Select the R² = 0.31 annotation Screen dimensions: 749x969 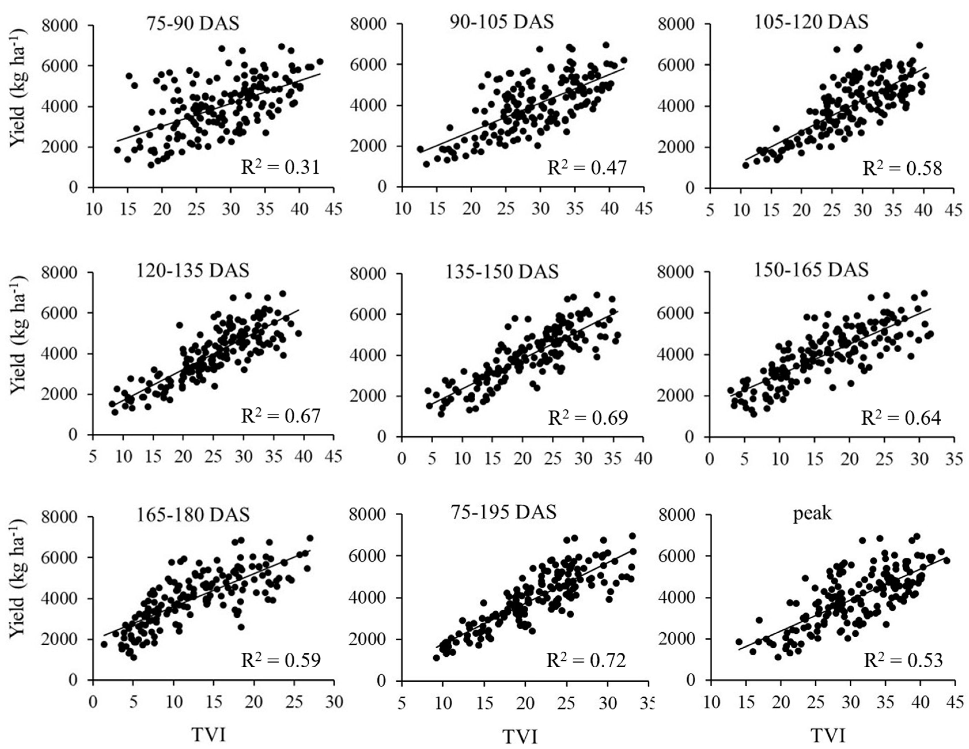(x=280, y=168)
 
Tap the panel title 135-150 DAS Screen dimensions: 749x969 (x=502, y=271)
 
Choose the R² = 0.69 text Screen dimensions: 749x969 (x=588, y=418)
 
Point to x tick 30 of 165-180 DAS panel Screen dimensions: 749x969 (x=334, y=702)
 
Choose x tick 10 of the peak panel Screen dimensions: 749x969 (x=711, y=702)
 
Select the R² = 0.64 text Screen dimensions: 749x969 (x=901, y=418)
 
